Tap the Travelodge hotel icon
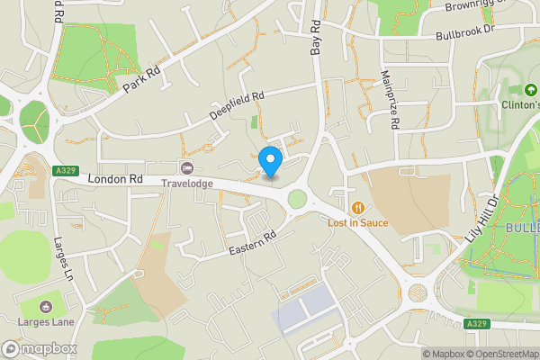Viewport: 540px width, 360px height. [x=187, y=168]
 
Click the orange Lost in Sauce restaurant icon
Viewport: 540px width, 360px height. [x=358, y=207]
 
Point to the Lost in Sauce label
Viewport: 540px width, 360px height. [x=357, y=222]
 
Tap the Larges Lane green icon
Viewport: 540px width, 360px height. [x=46, y=307]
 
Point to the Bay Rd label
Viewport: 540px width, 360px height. [x=316, y=38]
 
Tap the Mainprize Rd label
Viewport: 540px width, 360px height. [x=389, y=100]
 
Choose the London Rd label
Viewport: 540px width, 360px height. [x=115, y=179]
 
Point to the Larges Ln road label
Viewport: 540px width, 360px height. [x=63, y=258]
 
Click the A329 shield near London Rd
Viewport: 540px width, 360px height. [x=65, y=169]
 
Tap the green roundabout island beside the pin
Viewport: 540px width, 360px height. [x=296, y=199]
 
